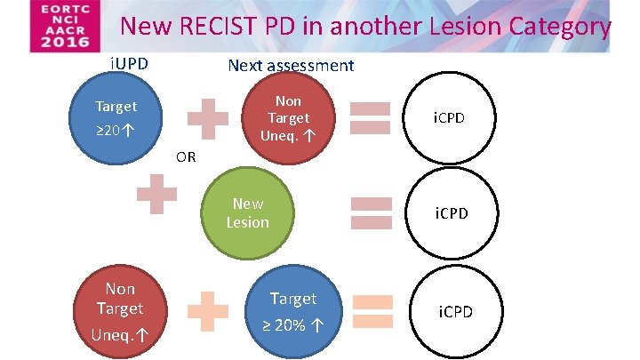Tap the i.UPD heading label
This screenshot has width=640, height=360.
pyautogui.click(x=128, y=64)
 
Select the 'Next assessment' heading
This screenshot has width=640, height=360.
pyautogui.click(x=291, y=65)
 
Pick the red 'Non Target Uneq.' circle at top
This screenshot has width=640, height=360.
pyautogui.click(x=287, y=118)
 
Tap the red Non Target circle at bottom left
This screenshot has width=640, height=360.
pyautogui.click(x=120, y=310)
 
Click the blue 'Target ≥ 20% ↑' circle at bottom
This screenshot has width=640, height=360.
pyautogui.click(x=293, y=310)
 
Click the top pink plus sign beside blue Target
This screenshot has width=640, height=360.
pyautogui.click(x=207, y=117)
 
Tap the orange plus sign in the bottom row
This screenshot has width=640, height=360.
pyautogui.click(x=207, y=311)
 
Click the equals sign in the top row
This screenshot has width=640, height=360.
pyautogui.click(x=371, y=118)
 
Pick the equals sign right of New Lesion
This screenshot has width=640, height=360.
pyautogui.click(x=371, y=213)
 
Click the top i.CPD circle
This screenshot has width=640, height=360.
pyautogui.click(x=449, y=118)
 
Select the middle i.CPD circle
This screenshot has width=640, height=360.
pyautogui.click(x=451, y=213)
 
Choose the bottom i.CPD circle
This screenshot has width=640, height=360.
pyautogui.click(x=453, y=311)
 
